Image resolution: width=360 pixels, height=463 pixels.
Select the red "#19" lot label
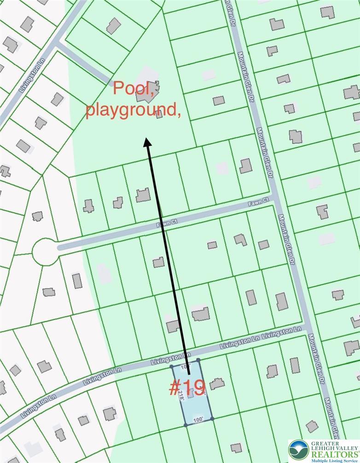[x=187, y=387]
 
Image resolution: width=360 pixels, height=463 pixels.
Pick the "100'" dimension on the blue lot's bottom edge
[x=198, y=420]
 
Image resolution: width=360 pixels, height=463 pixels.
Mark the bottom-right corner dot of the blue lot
[x=212, y=418]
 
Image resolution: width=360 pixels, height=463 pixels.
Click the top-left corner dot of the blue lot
[x=171, y=367]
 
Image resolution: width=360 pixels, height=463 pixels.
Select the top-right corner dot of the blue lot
[x=198, y=360]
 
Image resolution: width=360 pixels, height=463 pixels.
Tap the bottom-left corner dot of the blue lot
[x=185, y=425]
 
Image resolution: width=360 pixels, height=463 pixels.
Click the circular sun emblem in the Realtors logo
[x=299, y=450]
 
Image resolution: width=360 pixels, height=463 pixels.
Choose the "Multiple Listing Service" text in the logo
[x=335, y=460]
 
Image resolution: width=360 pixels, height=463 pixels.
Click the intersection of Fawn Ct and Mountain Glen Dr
[x=275, y=198]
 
